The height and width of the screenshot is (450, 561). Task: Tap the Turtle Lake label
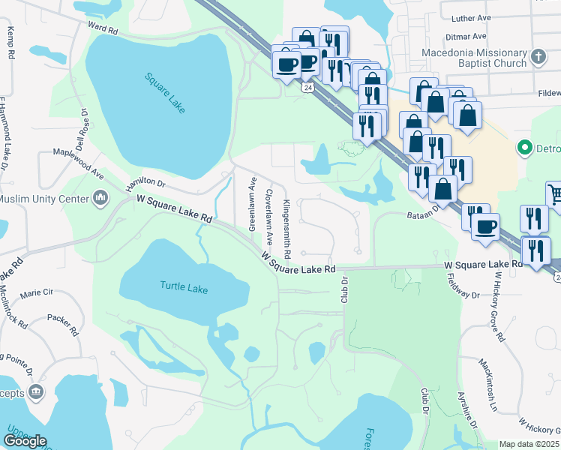pyautogui.click(x=183, y=287)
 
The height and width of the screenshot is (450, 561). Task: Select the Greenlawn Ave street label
pyautogui.click(x=253, y=203)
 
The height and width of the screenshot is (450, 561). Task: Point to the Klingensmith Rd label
pyautogui.click(x=286, y=225)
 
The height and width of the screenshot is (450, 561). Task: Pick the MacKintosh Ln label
pyautogui.click(x=488, y=384)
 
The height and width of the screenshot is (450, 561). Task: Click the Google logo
pyautogui.click(x=25, y=441)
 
